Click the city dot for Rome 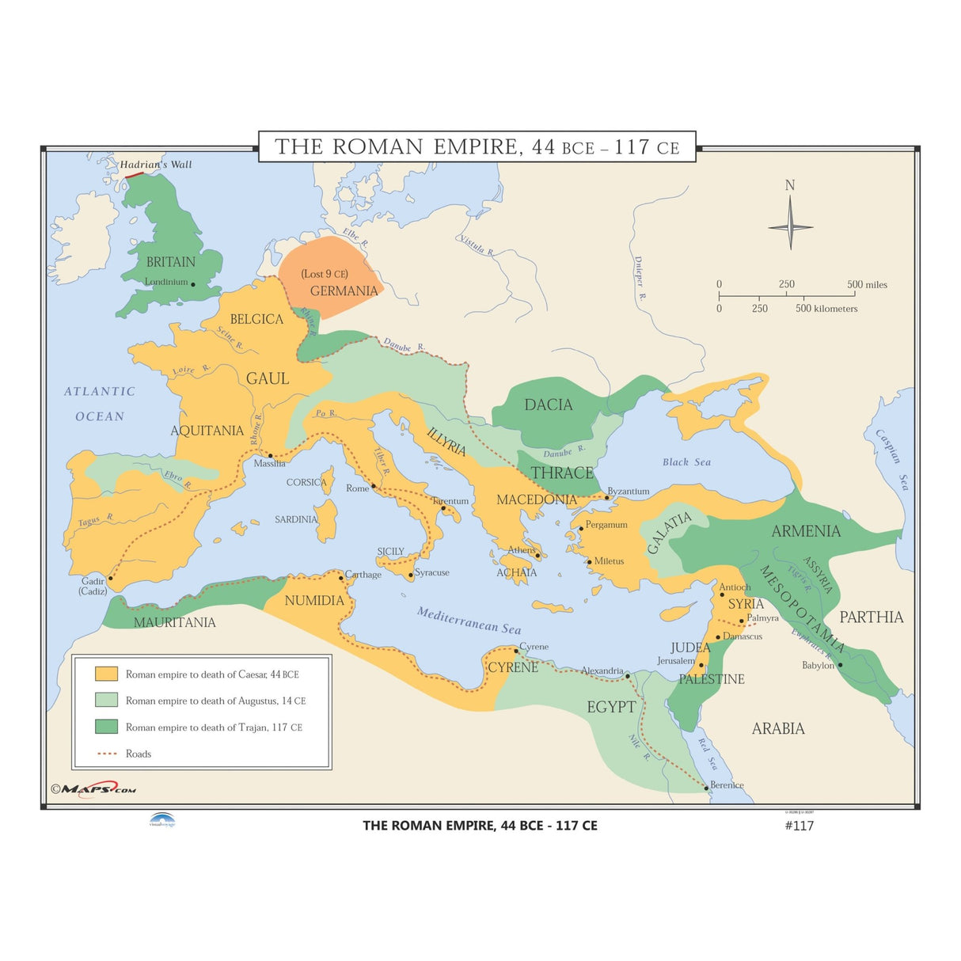374,485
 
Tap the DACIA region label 548,405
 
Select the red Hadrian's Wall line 134,173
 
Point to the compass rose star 790,226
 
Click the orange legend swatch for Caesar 106,674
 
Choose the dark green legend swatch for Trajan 106,727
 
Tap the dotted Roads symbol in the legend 106,754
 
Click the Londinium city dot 193,284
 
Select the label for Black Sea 686,462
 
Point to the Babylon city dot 840,665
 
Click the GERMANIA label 344,291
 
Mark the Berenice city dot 706,788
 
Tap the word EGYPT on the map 611,707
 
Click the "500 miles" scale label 867,284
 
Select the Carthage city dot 341,578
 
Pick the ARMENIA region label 806,531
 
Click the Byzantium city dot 607,497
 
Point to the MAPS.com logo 93,788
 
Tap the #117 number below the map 799,826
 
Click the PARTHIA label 871,617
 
